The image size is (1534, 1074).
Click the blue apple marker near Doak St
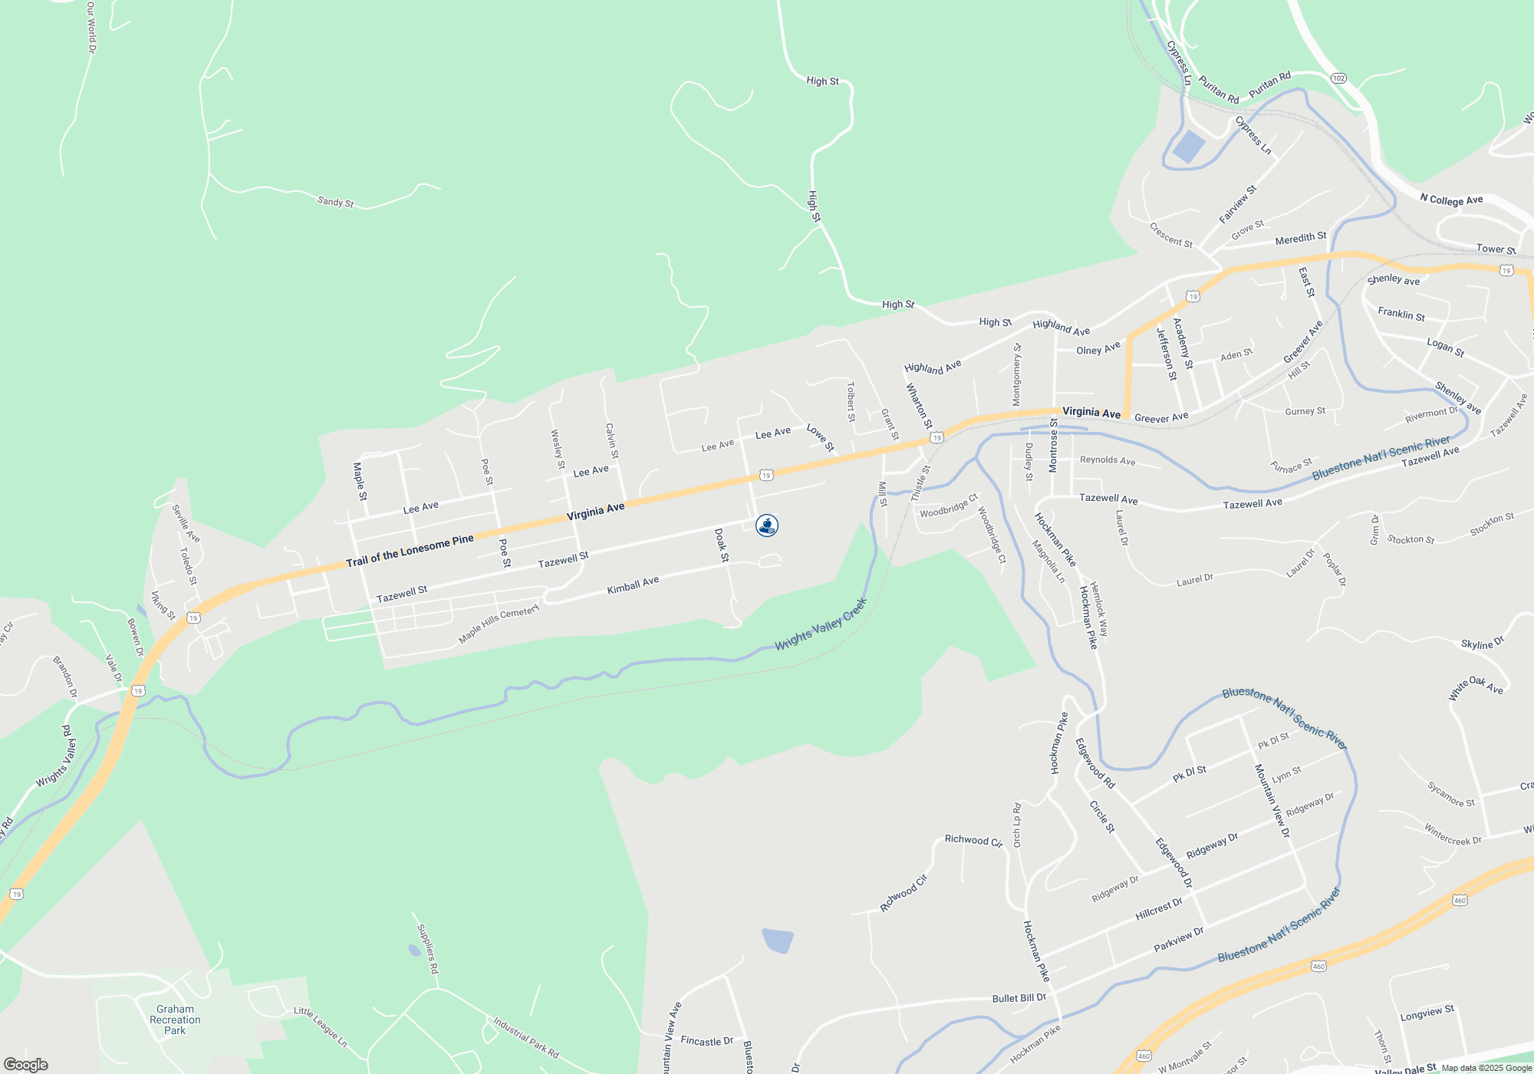(767, 525)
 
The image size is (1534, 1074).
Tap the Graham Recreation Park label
(175, 1020)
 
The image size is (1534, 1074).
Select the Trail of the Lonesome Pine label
(410, 551)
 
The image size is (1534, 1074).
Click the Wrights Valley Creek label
(820, 624)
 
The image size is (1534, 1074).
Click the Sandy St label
(336, 202)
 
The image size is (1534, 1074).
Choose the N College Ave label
(1451, 200)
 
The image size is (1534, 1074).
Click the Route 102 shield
(1338, 78)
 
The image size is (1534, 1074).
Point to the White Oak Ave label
(1475, 687)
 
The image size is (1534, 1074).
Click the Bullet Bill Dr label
(1019, 998)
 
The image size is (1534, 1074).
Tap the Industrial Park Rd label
(526, 1038)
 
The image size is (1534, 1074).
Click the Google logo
(26, 1064)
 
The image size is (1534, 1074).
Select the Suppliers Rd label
(427, 949)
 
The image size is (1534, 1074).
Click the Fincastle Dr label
(706, 1041)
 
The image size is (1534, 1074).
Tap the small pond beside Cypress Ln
(1188, 146)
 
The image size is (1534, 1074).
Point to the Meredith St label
(1300, 239)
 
